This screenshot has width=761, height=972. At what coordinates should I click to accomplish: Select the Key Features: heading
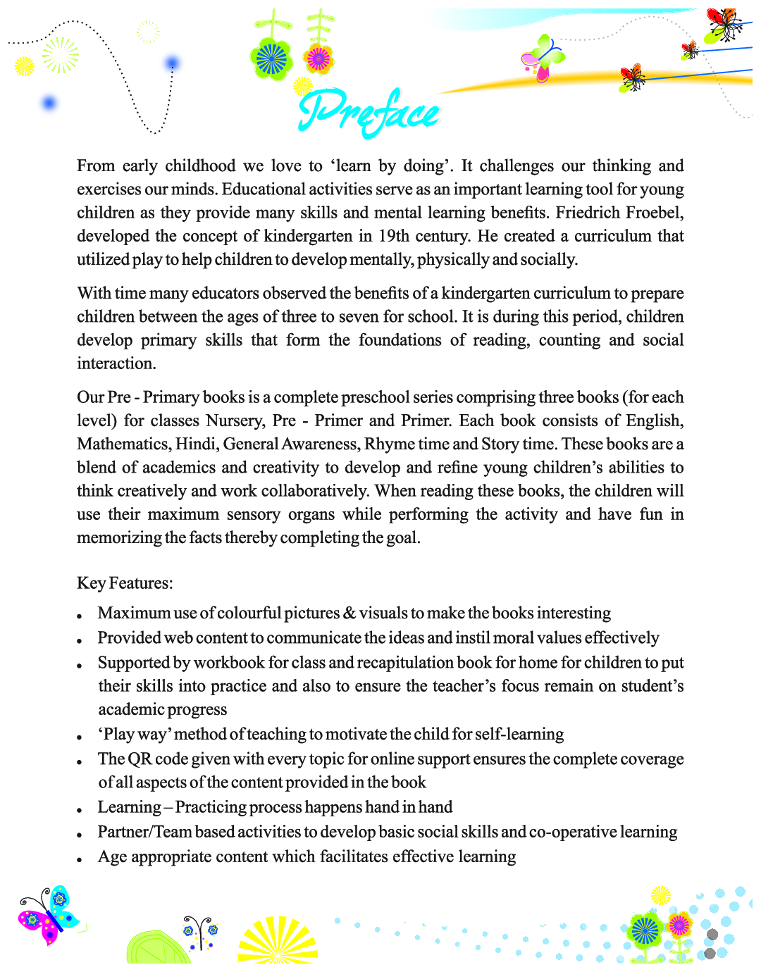click(x=125, y=583)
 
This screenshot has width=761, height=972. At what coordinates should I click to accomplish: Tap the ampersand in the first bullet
click(x=349, y=613)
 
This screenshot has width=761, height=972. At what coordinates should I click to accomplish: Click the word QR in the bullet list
click(x=140, y=759)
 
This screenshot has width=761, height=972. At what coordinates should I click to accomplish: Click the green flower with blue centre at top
click(x=271, y=58)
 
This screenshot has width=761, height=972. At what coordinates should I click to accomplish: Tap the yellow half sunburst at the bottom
click(x=278, y=942)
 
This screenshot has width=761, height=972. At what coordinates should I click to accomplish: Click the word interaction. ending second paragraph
click(x=116, y=363)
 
